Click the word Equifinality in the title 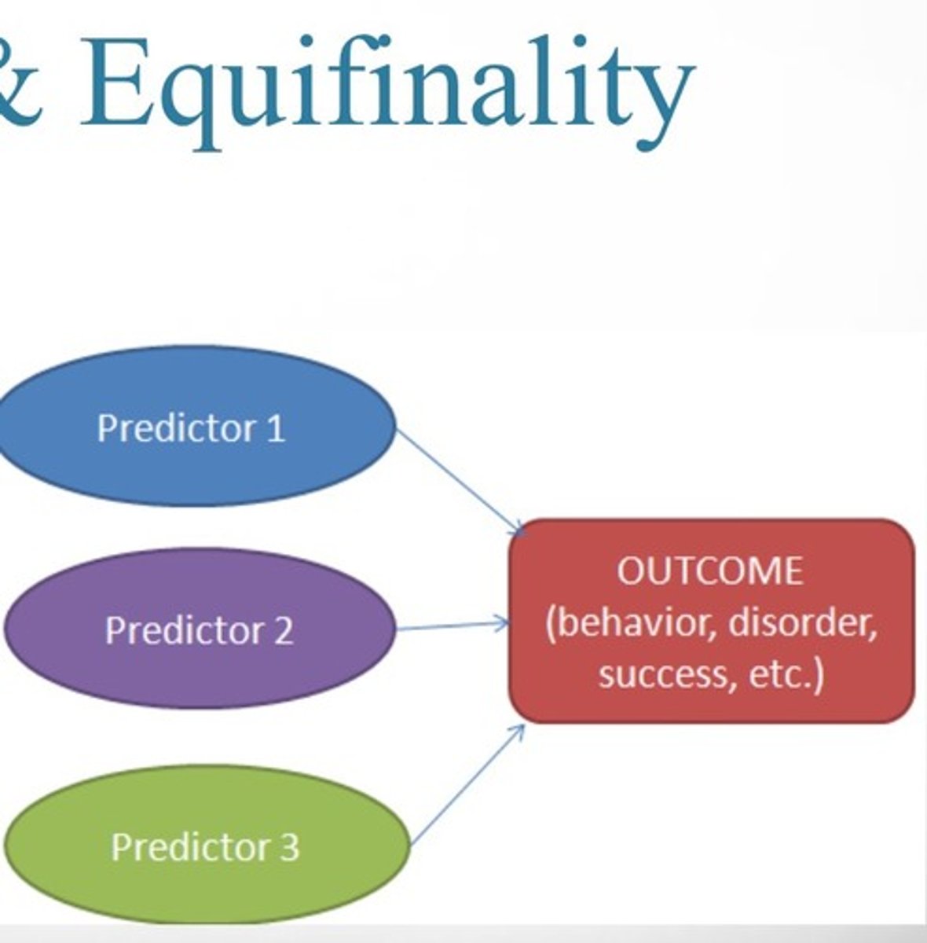(x=385, y=86)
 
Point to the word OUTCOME (x=710, y=571)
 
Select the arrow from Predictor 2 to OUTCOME (x=448, y=627)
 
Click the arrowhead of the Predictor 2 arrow (x=503, y=625)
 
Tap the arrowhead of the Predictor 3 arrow (x=518, y=730)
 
